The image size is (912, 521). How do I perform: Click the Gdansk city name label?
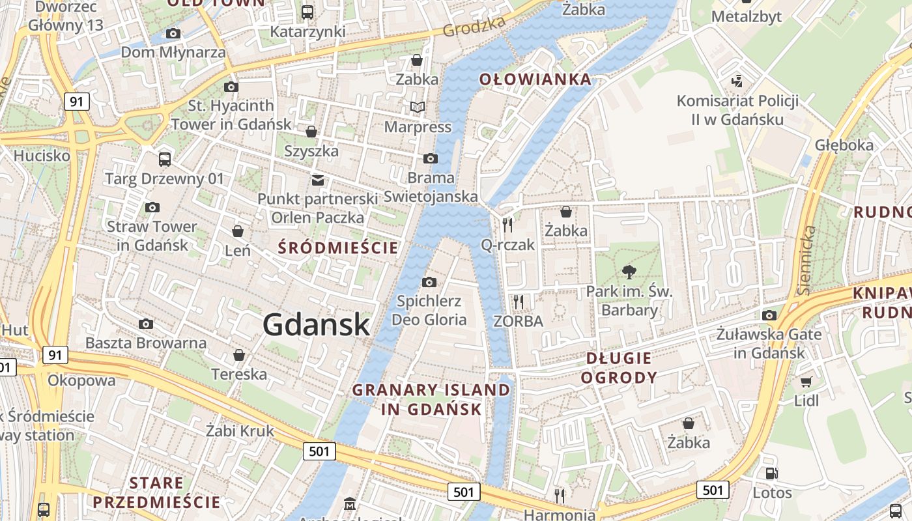coord(317,325)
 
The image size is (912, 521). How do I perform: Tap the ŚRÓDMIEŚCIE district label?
coord(338,247)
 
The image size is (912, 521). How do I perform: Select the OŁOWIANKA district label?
coord(535,79)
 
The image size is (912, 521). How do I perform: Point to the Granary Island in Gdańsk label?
coord(431,399)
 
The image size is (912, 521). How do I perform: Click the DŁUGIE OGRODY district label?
coord(619,367)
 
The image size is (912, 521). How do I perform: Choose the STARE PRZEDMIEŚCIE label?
coord(156,492)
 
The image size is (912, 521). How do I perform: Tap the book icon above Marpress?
coord(417,107)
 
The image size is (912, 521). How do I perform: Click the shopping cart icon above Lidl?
coord(806,382)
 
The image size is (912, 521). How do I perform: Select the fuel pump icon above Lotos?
coord(772,473)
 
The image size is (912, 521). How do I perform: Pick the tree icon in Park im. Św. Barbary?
coord(629,272)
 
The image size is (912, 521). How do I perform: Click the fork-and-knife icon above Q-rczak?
coord(507,225)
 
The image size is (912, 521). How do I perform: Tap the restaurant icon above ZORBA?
coord(519,302)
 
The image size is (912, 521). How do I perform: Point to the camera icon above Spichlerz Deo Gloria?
coord(429,282)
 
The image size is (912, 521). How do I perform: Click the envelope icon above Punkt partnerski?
coord(318,180)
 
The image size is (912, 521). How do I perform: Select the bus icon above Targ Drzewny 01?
coord(165,159)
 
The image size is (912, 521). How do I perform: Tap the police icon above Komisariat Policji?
coord(737,81)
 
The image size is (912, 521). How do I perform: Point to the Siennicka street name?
coord(807,260)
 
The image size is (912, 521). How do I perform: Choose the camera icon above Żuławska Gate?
coord(769,315)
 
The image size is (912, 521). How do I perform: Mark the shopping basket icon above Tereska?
coord(239,355)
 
